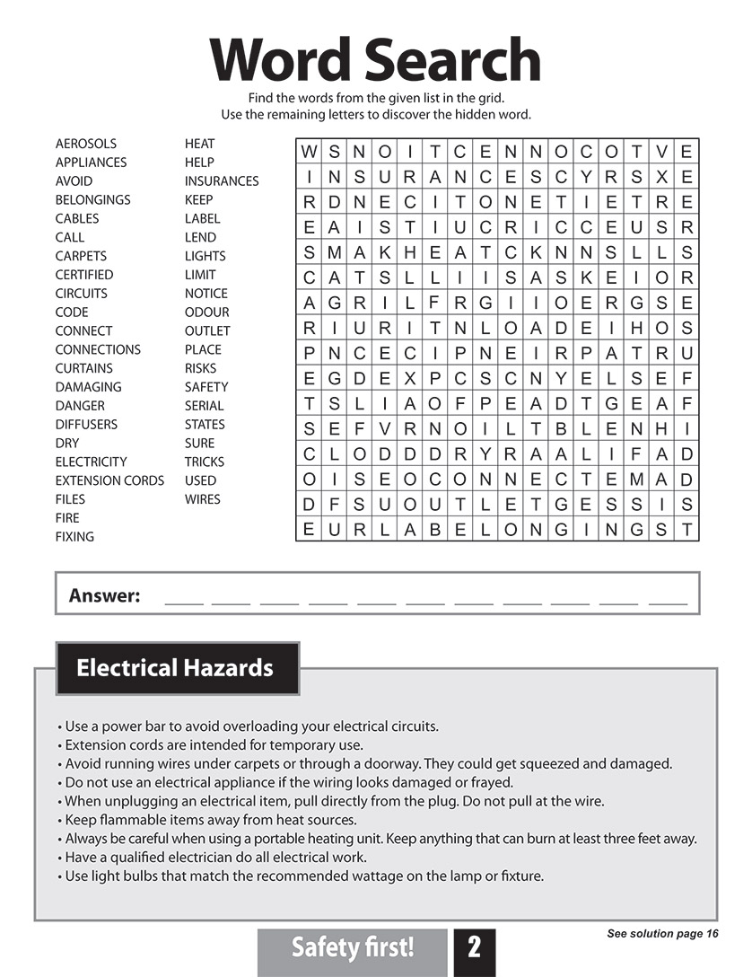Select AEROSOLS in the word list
[x=86, y=144]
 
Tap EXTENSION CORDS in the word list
[x=109, y=480]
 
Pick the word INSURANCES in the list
[x=222, y=181]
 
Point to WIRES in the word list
[x=203, y=499]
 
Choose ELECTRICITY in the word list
[x=92, y=462]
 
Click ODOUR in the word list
[x=207, y=312]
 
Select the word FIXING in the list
[x=74, y=537]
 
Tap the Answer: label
[x=105, y=595]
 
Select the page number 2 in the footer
[x=474, y=947]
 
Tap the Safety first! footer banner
[x=353, y=947]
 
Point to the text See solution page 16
[x=662, y=934]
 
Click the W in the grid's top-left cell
[x=309, y=152]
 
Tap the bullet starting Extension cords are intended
[x=214, y=745]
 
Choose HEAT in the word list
[x=200, y=144]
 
